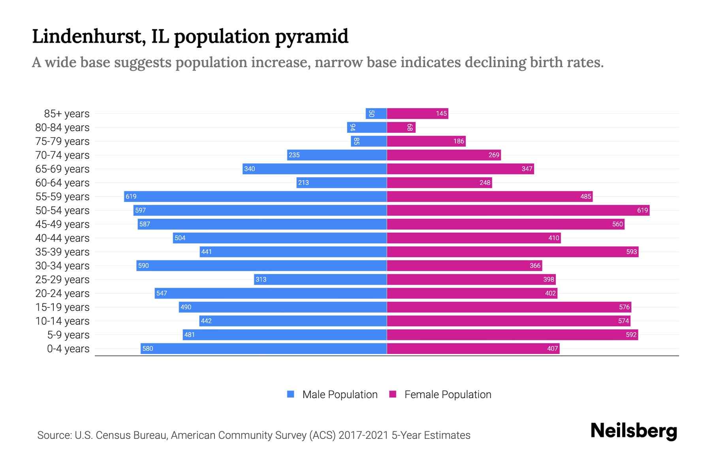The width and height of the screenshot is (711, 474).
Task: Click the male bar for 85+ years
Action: pyautogui.click(x=376, y=114)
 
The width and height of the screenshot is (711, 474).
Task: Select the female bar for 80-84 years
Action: pyautogui.click(x=401, y=128)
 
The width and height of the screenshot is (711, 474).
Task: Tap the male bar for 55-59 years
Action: pyautogui.click(x=255, y=197)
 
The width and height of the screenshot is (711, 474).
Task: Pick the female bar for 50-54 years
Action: pyautogui.click(x=518, y=211)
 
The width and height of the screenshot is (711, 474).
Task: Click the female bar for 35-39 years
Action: pyautogui.click(x=512, y=252)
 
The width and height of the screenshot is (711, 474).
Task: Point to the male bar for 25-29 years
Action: pyautogui.click(x=320, y=280)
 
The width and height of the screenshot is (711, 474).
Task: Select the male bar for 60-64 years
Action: pyautogui.click(x=342, y=183)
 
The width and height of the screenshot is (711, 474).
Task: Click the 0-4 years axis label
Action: pyautogui.click(x=68, y=349)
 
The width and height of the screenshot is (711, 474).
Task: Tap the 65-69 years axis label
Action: pyautogui.click(x=62, y=169)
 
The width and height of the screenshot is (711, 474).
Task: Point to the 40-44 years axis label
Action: pyautogui.click(x=62, y=238)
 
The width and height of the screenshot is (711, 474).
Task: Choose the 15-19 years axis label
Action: pyautogui.click(x=62, y=307)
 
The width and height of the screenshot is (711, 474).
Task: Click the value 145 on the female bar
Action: pyautogui.click(x=441, y=114)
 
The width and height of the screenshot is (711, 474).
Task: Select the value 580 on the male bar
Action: pyautogui.click(x=148, y=349)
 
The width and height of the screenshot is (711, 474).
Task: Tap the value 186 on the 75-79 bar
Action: pyautogui.click(x=459, y=141)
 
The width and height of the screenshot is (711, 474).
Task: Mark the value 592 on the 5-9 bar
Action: pyautogui.click(x=631, y=335)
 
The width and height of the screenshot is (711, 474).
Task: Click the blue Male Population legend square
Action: pyautogui.click(x=291, y=394)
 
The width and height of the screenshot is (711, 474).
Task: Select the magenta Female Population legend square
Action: pyautogui.click(x=393, y=394)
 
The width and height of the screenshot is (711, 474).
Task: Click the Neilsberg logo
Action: pyautogui.click(x=634, y=431)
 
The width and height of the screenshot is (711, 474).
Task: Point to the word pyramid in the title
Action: pyautogui.click(x=312, y=36)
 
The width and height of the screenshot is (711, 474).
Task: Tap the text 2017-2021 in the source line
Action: pyautogui.click(x=363, y=435)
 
